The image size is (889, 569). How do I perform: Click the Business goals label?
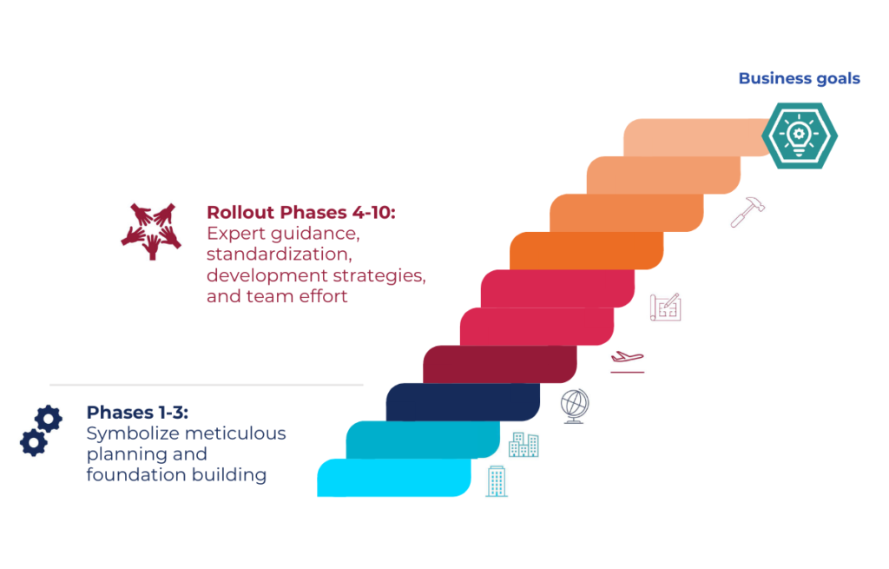[799, 78]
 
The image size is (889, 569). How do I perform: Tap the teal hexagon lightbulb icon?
[799, 136]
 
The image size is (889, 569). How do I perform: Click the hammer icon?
[747, 212]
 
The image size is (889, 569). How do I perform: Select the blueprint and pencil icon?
[666, 307]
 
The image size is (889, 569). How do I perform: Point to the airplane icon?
[627, 361]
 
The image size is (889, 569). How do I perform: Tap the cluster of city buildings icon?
[524, 444]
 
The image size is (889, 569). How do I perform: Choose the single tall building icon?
[497, 481]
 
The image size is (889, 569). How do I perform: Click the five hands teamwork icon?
[151, 231]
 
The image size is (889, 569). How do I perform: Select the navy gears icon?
[41, 431]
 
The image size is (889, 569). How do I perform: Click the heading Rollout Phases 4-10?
[300, 212]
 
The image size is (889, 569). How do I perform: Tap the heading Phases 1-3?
[136, 413]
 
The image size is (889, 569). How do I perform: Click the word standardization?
[279, 255]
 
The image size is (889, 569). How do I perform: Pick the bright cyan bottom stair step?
[394, 478]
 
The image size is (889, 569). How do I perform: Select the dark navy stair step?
[463, 402]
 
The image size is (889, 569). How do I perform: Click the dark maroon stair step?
[499, 364]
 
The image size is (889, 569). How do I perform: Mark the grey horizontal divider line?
[207, 385]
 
